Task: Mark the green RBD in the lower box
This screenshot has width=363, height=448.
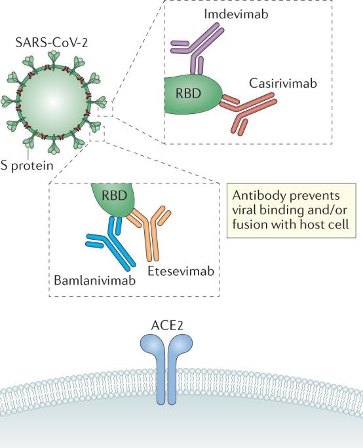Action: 115,199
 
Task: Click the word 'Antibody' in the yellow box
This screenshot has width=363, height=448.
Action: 256,197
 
